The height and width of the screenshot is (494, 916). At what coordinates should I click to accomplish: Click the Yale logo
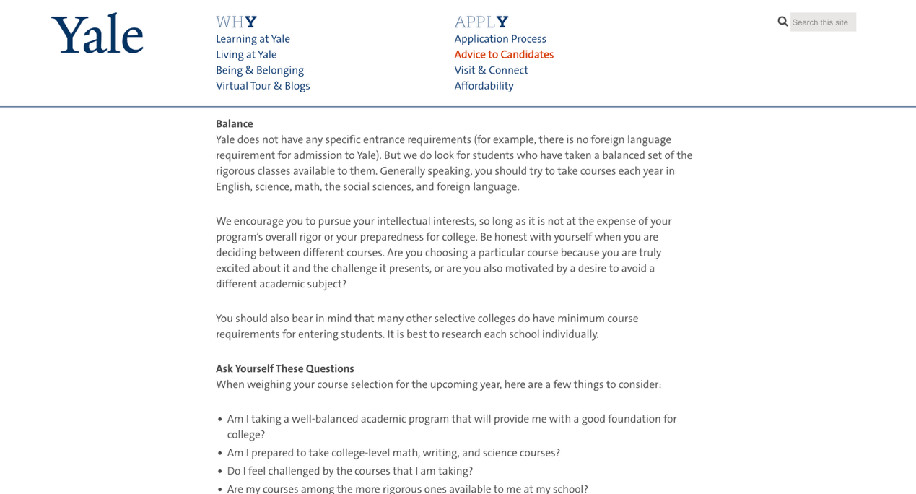(97, 34)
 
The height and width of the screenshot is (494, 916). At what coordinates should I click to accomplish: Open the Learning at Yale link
(253, 39)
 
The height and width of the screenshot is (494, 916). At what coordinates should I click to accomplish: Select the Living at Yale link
(246, 55)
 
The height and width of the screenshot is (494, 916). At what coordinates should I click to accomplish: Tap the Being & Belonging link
(260, 70)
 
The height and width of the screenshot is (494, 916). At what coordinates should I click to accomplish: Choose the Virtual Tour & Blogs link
(263, 86)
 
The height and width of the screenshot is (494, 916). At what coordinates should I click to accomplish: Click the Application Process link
(500, 39)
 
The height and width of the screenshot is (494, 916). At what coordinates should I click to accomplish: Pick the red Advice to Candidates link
(504, 55)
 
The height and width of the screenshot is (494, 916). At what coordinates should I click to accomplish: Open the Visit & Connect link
(491, 70)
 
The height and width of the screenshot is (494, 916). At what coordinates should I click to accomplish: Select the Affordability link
(484, 86)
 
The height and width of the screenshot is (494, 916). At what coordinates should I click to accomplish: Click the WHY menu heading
(236, 22)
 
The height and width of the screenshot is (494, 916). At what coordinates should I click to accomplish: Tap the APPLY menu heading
(481, 22)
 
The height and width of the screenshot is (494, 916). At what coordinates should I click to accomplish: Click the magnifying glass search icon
(782, 22)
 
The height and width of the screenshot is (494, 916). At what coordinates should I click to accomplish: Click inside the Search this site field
(823, 22)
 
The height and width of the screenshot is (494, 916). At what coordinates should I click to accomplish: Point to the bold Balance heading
(235, 124)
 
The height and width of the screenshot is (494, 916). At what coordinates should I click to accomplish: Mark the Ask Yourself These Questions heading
(285, 368)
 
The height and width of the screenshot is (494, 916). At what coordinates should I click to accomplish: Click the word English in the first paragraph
(232, 186)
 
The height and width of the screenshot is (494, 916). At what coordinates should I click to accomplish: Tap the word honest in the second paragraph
(508, 237)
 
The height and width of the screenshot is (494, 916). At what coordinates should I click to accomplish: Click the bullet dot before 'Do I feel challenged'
(220, 472)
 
